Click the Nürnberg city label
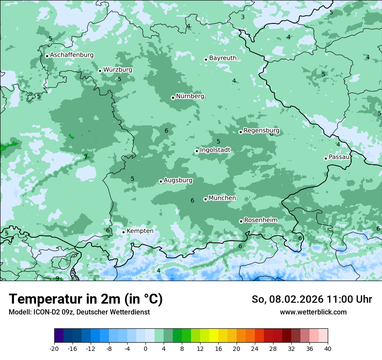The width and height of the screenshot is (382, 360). [x=190, y=96]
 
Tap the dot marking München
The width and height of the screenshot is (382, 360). [x=205, y=199]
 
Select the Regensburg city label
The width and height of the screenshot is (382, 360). [x=261, y=130]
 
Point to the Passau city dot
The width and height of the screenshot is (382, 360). [x=326, y=158]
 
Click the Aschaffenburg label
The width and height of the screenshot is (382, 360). [x=72, y=55]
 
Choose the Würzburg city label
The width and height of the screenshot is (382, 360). [x=118, y=69]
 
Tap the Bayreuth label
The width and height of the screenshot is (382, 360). [x=223, y=58]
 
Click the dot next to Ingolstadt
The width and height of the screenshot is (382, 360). [x=197, y=151]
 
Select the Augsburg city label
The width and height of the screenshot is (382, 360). [x=178, y=180]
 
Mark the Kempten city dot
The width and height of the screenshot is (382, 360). [x=123, y=232]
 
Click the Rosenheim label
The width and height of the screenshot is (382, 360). [x=260, y=220]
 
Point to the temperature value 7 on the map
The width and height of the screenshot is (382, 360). [x=86, y=157]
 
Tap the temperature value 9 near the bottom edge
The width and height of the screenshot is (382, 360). [x=57, y=278]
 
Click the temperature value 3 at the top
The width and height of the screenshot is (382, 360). [x=243, y=17]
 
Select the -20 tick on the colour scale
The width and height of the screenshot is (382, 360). [x=54, y=348]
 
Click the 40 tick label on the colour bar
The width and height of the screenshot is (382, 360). [x=328, y=348]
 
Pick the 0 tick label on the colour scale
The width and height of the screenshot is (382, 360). [x=145, y=348]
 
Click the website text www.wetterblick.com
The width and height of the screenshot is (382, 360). [x=313, y=312]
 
